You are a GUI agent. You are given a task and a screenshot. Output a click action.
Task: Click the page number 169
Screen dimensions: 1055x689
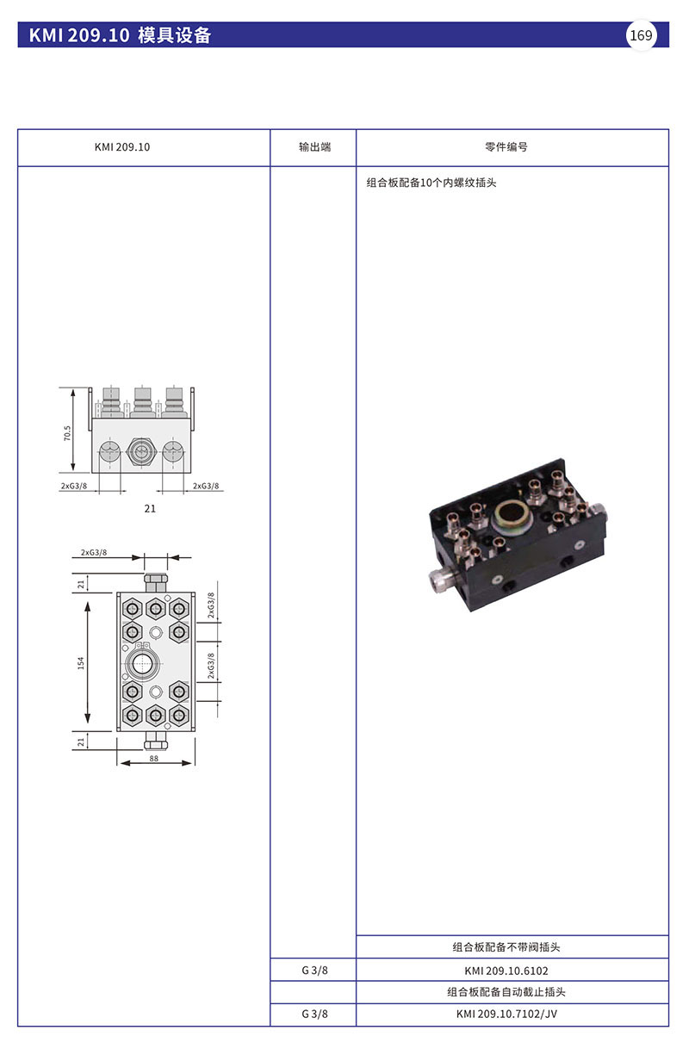pyautogui.click(x=641, y=35)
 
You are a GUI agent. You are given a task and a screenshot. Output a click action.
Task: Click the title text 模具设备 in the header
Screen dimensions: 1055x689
pyautogui.click(x=175, y=35)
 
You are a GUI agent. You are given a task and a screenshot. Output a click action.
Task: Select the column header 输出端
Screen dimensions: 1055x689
pyautogui.click(x=314, y=147)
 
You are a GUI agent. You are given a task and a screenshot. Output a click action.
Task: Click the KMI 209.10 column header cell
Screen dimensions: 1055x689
pyautogui.click(x=121, y=147)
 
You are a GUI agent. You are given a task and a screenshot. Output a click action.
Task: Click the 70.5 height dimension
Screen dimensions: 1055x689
pyautogui.click(x=67, y=432)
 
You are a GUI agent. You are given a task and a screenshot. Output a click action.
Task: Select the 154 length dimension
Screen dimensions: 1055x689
pyautogui.click(x=81, y=663)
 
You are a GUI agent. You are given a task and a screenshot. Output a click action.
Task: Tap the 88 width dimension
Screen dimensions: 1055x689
pyautogui.click(x=154, y=759)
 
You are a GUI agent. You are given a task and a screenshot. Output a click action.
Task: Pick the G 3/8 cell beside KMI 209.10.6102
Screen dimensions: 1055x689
pyautogui.click(x=314, y=971)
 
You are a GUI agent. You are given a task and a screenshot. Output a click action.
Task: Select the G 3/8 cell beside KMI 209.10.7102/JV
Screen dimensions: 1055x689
pyautogui.click(x=314, y=1015)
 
